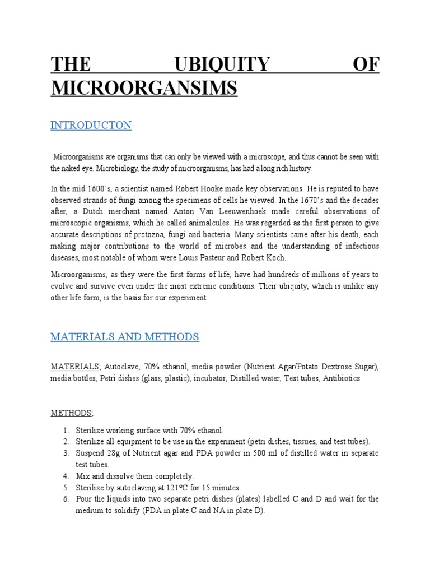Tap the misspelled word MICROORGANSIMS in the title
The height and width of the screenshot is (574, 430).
pyautogui.click(x=144, y=88)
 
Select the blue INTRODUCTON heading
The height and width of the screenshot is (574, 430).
pyautogui.click(x=91, y=125)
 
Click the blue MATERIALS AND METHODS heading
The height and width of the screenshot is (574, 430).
pyautogui.click(x=124, y=337)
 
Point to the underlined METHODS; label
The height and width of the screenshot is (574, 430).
pyautogui.click(x=72, y=413)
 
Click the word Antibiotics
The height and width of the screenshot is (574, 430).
pyautogui.click(x=342, y=378)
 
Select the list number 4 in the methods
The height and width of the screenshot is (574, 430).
pyautogui.click(x=65, y=476)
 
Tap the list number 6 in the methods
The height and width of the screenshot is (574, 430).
pyautogui.click(x=65, y=499)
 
